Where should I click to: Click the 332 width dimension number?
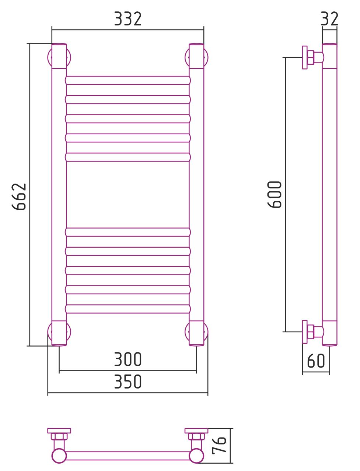(127, 19)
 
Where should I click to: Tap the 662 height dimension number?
(19, 196)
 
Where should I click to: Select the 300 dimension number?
(127, 359)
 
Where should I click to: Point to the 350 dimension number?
(127, 382)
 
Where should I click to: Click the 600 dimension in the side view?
(274, 195)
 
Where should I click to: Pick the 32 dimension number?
(330, 19)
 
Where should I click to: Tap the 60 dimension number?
(316, 361)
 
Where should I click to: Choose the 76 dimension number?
(219, 445)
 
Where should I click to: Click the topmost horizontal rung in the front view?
(128, 81)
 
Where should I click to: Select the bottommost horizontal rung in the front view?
(128, 309)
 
